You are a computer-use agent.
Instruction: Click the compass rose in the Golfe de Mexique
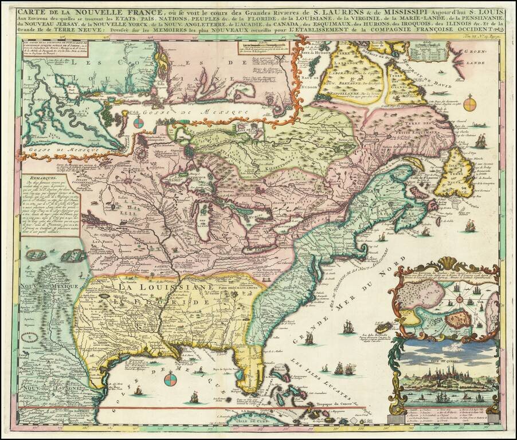pos(171,379)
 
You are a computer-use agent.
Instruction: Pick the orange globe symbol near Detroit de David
pos(470,104)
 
